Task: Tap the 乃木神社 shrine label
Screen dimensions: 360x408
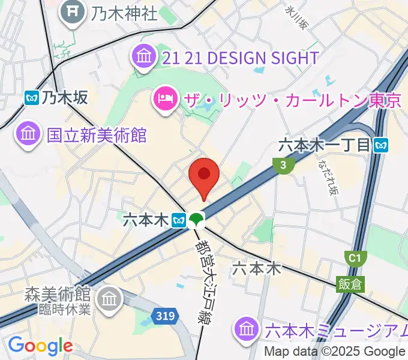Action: coord(124,12)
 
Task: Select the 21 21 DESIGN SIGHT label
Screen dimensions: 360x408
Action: coord(240,58)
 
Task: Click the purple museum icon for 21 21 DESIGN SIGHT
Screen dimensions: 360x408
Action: coord(144,58)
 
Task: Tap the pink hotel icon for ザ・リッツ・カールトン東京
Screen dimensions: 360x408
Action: coord(165,98)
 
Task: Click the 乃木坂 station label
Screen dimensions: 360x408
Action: coord(65,98)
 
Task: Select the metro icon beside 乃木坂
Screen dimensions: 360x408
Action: coord(32,98)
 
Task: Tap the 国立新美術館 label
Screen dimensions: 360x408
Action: coord(97,135)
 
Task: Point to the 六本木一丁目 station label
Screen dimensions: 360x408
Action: coord(326,145)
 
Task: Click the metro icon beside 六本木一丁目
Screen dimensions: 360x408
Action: coord(381,145)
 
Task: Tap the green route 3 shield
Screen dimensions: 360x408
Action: coord(281,166)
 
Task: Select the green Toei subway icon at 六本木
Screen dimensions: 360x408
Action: coord(194,221)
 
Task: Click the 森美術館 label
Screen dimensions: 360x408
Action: coord(57,295)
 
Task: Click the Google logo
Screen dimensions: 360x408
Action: coord(40,345)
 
